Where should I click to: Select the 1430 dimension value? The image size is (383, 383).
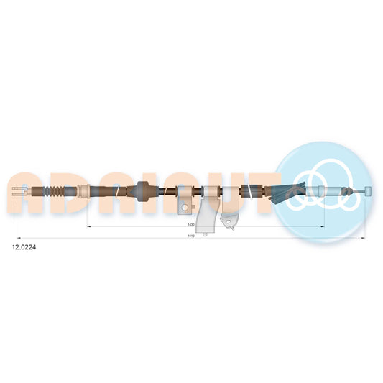(188, 223)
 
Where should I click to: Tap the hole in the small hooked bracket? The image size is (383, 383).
(230, 223)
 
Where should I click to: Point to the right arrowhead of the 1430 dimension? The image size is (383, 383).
(321, 226)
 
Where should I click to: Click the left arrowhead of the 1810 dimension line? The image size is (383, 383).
(17, 238)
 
